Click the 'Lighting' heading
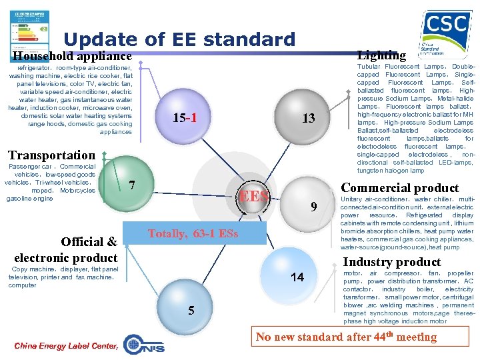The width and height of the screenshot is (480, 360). point(381,55)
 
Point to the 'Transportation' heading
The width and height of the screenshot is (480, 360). point(52,155)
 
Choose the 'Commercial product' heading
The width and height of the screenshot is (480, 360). point(400,188)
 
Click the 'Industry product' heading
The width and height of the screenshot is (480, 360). point(392,262)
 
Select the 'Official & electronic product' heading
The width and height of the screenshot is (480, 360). point(65,249)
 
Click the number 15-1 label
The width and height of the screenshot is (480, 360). point(184,119)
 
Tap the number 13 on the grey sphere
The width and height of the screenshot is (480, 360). point(308,119)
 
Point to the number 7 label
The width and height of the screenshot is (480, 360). point(133,185)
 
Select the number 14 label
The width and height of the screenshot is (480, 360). point(298,277)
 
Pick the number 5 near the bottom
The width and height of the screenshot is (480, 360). point(191,310)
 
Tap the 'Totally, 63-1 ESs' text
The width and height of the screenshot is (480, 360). point(193,234)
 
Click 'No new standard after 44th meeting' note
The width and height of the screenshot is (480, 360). point(346,336)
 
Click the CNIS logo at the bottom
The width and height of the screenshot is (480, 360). point(144,345)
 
